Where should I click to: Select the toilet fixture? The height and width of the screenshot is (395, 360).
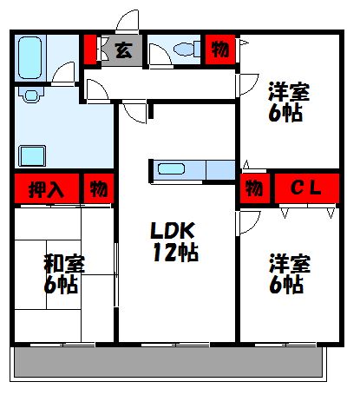coord(182,50)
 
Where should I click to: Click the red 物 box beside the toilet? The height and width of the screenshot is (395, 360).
coord(220,49)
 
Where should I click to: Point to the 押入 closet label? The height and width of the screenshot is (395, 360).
coord(45,188)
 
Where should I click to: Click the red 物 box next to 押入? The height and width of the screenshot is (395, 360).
coord(98,188)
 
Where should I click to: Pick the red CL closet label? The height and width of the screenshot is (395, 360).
coord(305,187)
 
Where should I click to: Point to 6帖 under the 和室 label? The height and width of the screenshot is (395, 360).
coord(61,284)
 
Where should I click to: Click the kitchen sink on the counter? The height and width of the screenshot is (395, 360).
coord(170,169)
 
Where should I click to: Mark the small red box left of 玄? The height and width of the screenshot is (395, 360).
coord(90,49)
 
